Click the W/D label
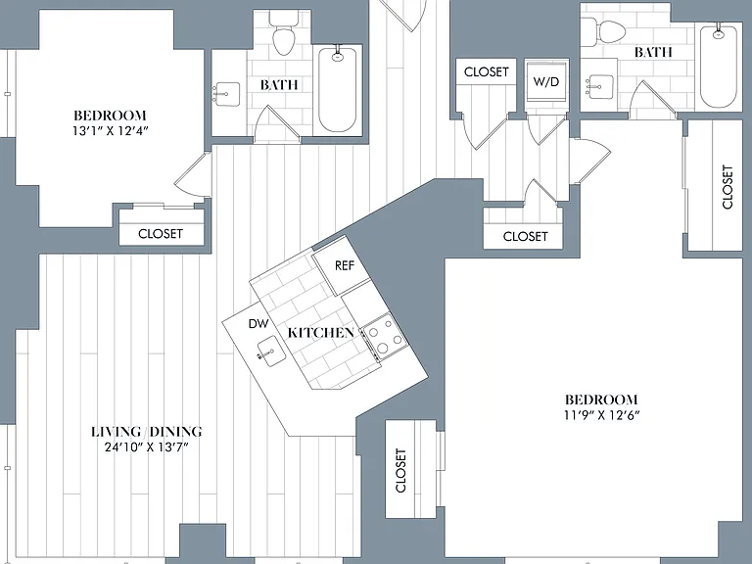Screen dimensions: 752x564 point(545,81)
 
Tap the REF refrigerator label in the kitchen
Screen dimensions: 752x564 point(345,265)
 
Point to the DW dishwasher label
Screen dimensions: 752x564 point(258,324)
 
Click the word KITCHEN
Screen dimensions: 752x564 point(321,332)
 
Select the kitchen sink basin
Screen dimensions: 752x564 point(271,352)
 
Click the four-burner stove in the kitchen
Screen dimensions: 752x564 point(385,336)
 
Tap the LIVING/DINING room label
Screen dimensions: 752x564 point(146,432)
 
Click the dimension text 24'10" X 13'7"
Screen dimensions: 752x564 point(146,447)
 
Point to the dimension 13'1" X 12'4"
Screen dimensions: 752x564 point(110,131)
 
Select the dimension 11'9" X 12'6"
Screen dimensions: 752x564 point(601,415)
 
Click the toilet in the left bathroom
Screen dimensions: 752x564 point(283,32)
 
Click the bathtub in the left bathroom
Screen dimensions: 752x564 point(338,88)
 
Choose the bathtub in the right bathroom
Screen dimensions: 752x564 point(718,67)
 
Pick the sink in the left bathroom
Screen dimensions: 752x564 point(226,94)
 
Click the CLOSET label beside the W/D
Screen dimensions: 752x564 point(486,71)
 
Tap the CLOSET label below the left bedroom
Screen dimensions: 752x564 point(161,234)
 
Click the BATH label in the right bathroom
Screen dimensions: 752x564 point(653,52)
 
